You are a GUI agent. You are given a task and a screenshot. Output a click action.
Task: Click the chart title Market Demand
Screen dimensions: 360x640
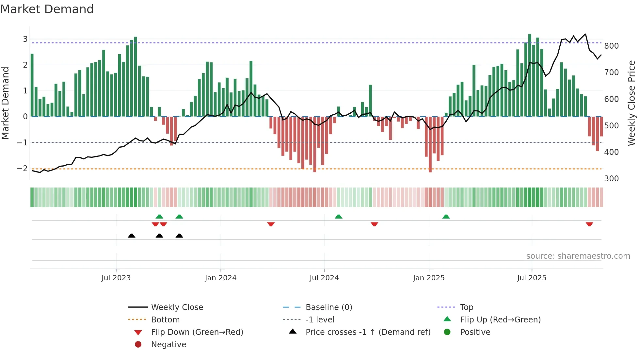(47, 9)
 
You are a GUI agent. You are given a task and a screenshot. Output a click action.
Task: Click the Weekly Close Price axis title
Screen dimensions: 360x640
(632, 103)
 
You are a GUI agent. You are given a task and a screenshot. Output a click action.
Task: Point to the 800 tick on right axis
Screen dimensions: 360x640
(611, 46)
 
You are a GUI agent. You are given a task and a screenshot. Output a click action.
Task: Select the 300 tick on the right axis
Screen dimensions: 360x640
(611, 179)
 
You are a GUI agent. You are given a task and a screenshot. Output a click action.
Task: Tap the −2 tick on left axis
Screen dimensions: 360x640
(22, 169)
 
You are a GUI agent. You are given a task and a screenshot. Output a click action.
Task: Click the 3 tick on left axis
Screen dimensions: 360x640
(25, 39)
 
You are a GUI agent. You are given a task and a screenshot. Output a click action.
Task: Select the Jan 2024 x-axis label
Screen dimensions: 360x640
(220, 278)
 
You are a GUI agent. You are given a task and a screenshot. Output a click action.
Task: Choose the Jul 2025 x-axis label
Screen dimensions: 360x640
(532, 278)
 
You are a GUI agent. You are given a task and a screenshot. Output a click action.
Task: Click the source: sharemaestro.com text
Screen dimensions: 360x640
(578, 256)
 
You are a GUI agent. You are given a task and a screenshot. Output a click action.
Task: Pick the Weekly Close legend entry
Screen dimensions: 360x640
(177, 307)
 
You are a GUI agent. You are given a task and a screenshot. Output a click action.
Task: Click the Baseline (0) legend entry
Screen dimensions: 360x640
(328, 307)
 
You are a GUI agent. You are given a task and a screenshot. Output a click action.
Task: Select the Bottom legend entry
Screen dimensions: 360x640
(165, 320)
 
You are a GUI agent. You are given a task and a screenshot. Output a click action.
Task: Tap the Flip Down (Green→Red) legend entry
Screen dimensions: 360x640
(197, 332)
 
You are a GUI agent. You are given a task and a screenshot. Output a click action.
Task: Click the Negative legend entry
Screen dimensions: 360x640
(168, 345)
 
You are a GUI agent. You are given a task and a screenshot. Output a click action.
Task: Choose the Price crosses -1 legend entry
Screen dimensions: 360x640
(368, 332)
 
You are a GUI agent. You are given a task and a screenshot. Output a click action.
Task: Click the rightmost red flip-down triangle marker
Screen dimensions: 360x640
(589, 224)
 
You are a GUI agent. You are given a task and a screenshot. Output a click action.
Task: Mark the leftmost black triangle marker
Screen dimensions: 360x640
(132, 236)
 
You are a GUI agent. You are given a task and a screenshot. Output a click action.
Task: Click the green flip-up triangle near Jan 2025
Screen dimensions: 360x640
(446, 217)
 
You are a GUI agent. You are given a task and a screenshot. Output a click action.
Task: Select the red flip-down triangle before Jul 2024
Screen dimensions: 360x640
(271, 224)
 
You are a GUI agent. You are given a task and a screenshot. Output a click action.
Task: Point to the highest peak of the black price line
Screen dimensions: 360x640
(585, 34)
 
